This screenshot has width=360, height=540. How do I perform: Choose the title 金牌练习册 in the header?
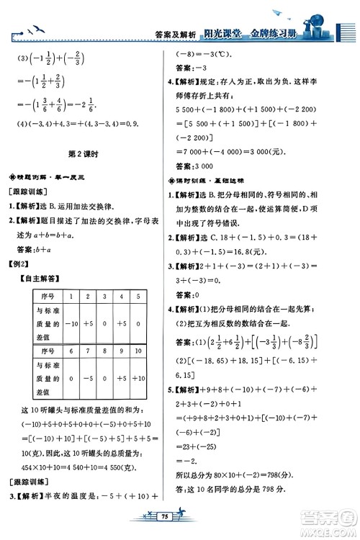pyautogui.click(x=283, y=32)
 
